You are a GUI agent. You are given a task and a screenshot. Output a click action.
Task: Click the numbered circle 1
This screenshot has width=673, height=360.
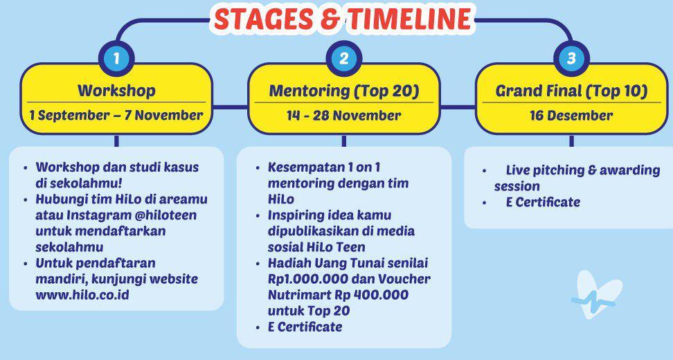116,58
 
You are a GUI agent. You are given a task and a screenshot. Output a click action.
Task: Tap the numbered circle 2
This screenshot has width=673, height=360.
344,58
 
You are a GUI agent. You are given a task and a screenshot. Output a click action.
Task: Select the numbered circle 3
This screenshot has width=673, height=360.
571,58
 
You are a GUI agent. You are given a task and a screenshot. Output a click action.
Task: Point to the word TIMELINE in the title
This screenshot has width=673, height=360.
410,19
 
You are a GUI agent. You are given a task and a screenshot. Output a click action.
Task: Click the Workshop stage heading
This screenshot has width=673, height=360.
116,91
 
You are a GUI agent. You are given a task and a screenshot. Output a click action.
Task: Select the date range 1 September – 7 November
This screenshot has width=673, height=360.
116,115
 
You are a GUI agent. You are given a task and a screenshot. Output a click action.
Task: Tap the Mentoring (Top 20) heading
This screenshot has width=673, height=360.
344,91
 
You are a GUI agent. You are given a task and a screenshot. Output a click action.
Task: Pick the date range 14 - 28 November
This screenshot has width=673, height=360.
344,115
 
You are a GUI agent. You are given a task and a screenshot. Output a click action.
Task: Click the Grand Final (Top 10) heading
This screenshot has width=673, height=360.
571,91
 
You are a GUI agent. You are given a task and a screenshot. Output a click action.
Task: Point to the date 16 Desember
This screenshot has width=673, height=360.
571,115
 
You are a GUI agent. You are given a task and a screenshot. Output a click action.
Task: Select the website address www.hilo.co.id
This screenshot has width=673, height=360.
82,295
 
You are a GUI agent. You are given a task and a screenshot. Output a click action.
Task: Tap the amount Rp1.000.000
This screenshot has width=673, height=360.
307,279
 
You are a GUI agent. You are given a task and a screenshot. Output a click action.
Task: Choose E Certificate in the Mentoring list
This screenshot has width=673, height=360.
305,327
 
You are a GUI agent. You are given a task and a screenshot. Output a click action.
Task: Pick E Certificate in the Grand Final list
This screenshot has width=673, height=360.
543,202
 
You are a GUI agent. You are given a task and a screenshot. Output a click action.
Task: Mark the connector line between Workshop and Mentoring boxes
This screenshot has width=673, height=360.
230,107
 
